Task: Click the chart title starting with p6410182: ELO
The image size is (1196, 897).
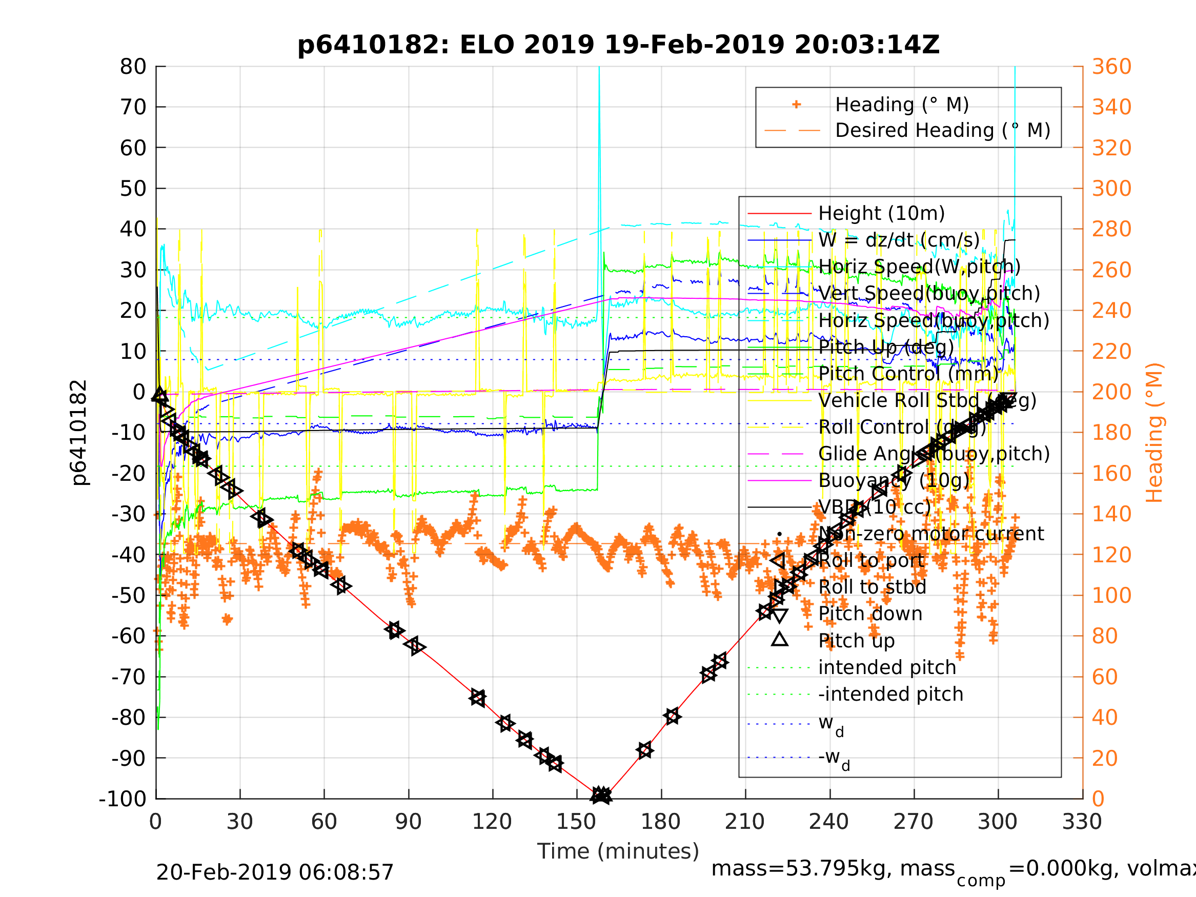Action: point(618,45)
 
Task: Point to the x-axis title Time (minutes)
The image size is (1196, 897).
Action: point(618,851)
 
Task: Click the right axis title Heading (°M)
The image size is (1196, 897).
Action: point(1154,433)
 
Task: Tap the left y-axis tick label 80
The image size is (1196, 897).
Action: point(133,67)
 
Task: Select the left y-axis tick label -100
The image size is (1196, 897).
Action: point(123,799)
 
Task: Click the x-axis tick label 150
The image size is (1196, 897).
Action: point(576,822)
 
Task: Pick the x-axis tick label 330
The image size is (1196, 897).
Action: point(1082,822)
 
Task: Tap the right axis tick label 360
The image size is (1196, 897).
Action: point(1111,67)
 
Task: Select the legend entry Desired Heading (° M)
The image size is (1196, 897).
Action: point(942,130)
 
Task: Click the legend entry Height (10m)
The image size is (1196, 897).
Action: point(881,214)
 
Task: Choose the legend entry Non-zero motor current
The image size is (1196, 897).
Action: point(931,534)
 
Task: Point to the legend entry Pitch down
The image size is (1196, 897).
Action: point(870,614)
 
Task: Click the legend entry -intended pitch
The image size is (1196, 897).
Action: point(890,694)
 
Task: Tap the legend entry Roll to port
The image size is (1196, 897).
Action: point(871,561)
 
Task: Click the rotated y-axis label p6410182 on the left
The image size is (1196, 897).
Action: point(79,433)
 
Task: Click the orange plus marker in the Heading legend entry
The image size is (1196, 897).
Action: point(796,105)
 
